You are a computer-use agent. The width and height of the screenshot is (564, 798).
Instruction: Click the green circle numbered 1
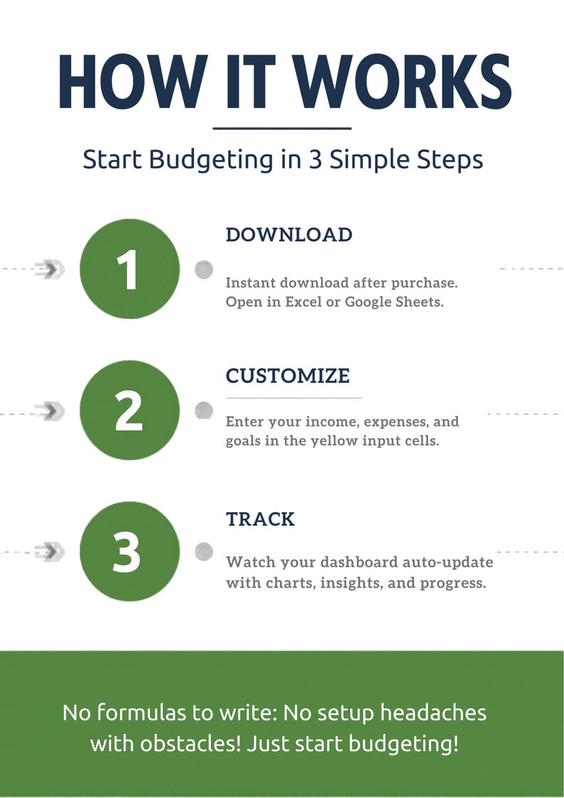pyautogui.click(x=128, y=269)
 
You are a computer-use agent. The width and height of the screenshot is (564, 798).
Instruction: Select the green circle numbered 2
pyautogui.click(x=128, y=411)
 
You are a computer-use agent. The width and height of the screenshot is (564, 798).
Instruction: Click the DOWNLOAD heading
pyautogui.click(x=288, y=235)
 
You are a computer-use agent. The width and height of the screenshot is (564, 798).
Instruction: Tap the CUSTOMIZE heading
pyautogui.click(x=288, y=375)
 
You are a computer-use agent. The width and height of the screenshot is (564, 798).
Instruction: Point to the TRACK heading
pyautogui.click(x=260, y=519)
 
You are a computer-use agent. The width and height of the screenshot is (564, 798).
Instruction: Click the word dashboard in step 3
pyautogui.click(x=359, y=562)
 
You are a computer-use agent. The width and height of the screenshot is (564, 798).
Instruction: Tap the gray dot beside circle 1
pyautogui.click(x=204, y=269)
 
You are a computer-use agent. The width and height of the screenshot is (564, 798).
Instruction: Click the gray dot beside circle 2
pyautogui.click(x=204, y=410)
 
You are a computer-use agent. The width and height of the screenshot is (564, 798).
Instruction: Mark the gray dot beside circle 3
pyautogui.click(x=204, y=551)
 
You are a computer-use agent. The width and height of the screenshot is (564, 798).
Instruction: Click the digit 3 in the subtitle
pyautogui.click(x=314, y=158)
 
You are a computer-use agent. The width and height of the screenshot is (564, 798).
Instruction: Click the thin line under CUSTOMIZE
pyautogui.click(x=293, y=398)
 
